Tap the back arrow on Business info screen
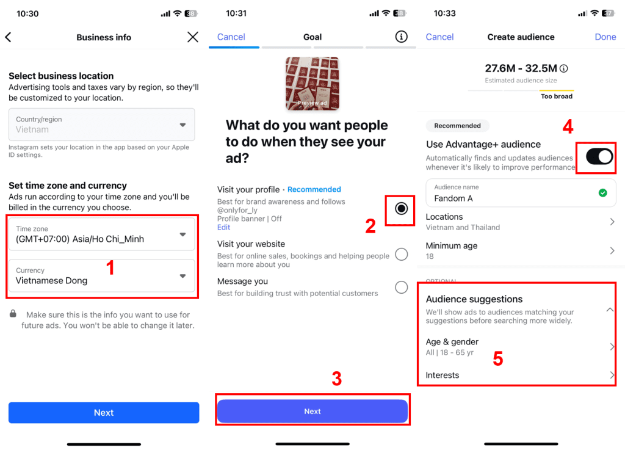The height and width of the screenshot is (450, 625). pos(9,37)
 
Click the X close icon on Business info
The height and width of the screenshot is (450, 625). pos(193,37)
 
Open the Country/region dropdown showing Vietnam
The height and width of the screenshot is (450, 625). pos(102,125)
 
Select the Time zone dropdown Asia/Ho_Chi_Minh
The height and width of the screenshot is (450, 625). pos(102,234)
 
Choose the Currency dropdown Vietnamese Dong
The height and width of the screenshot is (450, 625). pos(102,276)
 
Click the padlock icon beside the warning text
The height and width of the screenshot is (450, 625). pos(13,314)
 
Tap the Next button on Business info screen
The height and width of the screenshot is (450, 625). pos(104,413)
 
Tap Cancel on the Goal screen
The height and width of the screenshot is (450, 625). pos(231,37)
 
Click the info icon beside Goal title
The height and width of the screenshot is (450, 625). pos(401,37)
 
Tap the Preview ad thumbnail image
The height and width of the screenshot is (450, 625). pos(312,83)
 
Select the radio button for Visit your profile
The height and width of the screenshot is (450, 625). pos(401,209)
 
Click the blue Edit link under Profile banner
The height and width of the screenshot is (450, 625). pos(224,227)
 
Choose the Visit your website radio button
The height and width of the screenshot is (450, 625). pos(401,255)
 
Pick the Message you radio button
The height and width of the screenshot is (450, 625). pos(401,287)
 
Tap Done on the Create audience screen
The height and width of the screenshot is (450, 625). pos(605,37)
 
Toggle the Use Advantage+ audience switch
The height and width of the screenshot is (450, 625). pos(599,157)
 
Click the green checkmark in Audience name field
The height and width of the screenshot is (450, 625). pos(602,193)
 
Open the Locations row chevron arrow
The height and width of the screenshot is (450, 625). pos(612,222)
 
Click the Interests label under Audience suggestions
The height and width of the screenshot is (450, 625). pos(443,375)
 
